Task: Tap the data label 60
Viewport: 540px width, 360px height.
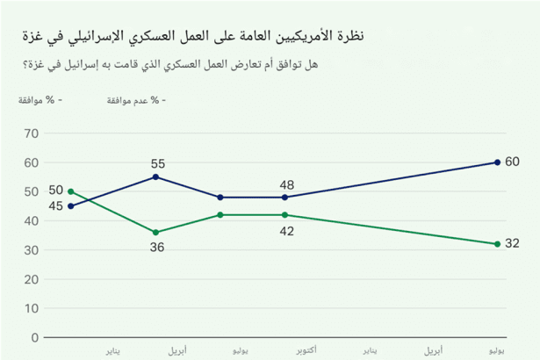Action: [514, 162]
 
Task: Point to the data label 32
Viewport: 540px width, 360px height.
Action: [514, 244]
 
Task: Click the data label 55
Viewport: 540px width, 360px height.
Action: [158, 163]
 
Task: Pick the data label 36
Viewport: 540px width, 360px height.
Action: [157, 248]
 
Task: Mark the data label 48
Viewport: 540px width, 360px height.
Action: [287, 184]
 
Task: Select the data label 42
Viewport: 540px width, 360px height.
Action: [287, 231]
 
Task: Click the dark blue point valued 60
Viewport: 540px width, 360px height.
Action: [497, 162]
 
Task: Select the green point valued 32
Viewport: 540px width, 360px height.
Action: [497, 244]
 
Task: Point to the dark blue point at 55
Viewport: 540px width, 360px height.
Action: [156, 176]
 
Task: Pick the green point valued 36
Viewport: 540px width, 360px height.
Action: [156, 233]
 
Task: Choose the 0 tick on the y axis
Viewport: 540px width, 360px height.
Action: [34, 337]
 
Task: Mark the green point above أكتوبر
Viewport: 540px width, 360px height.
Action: [285, 214]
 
